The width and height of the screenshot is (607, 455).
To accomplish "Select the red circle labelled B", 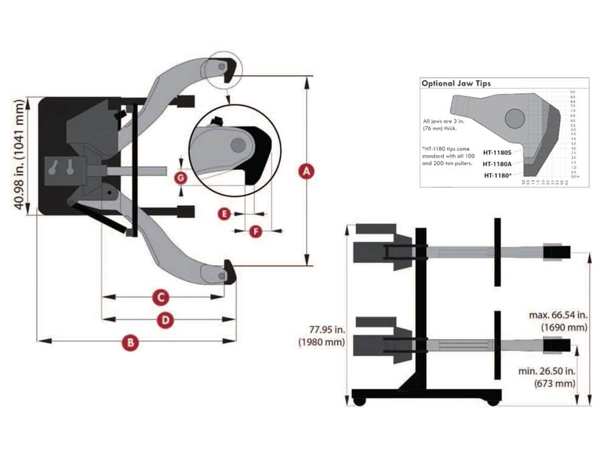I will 129,342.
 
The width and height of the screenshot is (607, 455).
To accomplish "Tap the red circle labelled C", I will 159,297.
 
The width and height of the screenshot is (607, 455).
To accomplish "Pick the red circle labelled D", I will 164,320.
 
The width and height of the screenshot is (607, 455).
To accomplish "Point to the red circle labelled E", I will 225,214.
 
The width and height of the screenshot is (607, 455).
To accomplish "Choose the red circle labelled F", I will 256,231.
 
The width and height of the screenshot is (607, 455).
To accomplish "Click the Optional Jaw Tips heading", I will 456,83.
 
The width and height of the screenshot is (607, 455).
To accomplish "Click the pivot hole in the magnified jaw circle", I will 238,144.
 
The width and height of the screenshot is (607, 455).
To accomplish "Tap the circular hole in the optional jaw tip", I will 514,118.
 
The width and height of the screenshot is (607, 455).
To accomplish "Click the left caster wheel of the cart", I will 359,402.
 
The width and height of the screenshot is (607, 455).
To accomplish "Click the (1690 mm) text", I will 565,328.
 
